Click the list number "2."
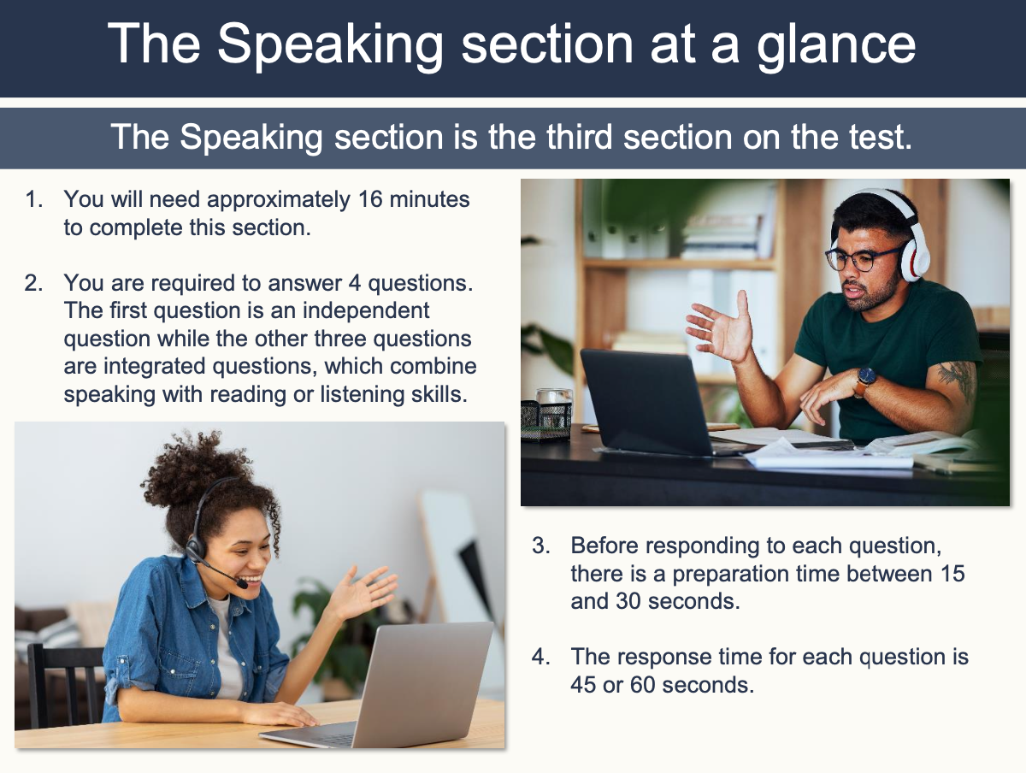[34, 283]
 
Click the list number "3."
[542, 546]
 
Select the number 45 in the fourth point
[587, 685]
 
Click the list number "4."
[542, 657]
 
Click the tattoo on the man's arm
[955, 377]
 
